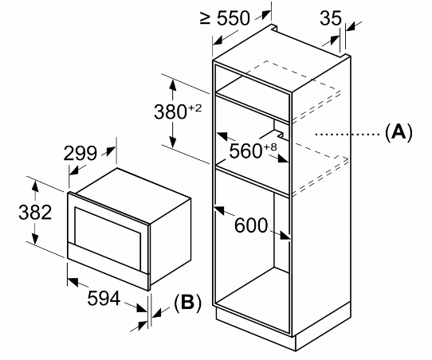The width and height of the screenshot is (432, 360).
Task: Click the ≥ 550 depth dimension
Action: (225, 18)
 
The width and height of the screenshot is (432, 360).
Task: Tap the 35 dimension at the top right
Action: (331, 18)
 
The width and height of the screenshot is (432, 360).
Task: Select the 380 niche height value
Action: (171, 112)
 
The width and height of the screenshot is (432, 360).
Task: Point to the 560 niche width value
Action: (245, 151)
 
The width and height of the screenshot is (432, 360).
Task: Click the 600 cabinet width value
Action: (251, 225)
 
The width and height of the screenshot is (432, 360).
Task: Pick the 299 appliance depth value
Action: (81, 153)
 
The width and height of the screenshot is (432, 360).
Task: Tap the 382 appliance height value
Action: (35, 212)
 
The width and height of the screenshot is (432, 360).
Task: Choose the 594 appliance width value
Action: (104, 298)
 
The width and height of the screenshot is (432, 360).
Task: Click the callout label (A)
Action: (399, 132)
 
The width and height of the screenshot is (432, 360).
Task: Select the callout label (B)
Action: (187, 303)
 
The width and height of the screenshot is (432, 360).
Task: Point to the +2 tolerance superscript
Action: (194, 108)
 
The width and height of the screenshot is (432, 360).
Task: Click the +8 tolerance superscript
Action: (270, 147)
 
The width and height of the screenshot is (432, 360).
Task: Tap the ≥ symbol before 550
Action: (206, 18)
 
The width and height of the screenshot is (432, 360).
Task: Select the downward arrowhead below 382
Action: (35, 237)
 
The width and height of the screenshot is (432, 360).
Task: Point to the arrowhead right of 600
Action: (285, 236)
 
